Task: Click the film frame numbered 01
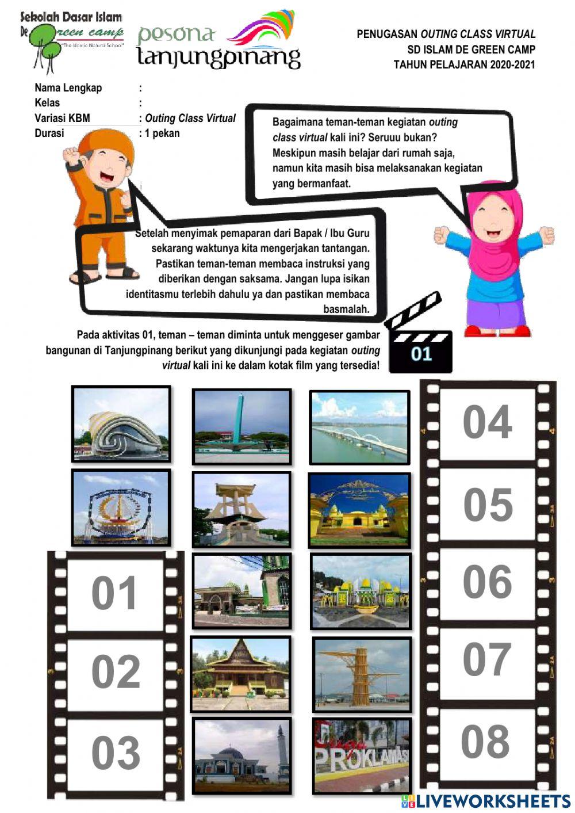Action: click(x=115, y=593)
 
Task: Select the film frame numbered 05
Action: click(x=488, y=505)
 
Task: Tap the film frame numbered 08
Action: click(x=486, y=742)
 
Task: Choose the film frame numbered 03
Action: click(x=115, y=753)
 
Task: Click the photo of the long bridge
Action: click(x=359, y=428)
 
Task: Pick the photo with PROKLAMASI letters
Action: click(x=362, y=755)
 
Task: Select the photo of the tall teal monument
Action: click(x=241, y=426)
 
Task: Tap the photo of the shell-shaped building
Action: click(x=121, y=423)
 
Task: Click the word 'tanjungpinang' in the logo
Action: click(x=218, y=58)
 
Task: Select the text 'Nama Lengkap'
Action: click(x=68, y=88)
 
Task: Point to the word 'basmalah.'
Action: click(x=346, y=309)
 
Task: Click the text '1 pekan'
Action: click(x=162, y=133)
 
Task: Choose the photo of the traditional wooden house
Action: click(x=240, y=674)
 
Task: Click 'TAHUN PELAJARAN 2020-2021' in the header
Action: click(x=464, y=64)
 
